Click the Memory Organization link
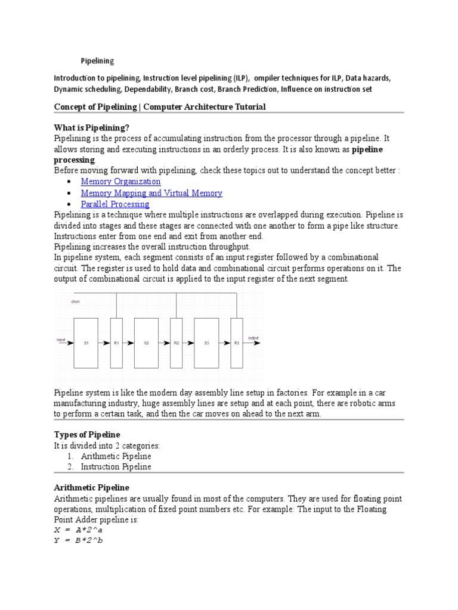pos(120,182)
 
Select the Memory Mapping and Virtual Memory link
pos(151,193)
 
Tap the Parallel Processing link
pos(115,204)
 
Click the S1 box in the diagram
pos(86,343)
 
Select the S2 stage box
pos(146,343)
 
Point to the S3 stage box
pos(206,343)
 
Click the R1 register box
pos(117,343)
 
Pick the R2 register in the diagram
pos(177,343)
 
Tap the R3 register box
pos(237,343)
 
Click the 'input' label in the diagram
pos(61,340)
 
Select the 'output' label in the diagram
pos(253,338)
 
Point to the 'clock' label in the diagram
pos(76,302)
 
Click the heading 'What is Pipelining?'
pos(91,127)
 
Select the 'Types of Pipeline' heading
pos(87,434)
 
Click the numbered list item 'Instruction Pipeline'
pos(116,467)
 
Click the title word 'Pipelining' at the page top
pos(97,61)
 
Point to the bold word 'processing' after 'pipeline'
pos(75,160)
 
